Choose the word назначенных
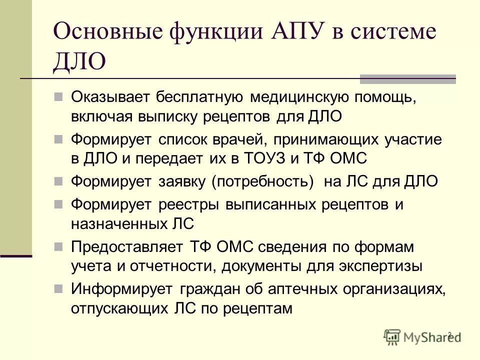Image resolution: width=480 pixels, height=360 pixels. click(117, 223)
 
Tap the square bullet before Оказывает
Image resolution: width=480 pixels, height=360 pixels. click(58, 96)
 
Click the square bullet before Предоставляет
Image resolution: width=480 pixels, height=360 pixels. click(58, 246)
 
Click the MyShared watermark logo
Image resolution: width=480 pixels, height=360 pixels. click(422, 337)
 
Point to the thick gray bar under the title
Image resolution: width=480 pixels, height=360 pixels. click(408, 78)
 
